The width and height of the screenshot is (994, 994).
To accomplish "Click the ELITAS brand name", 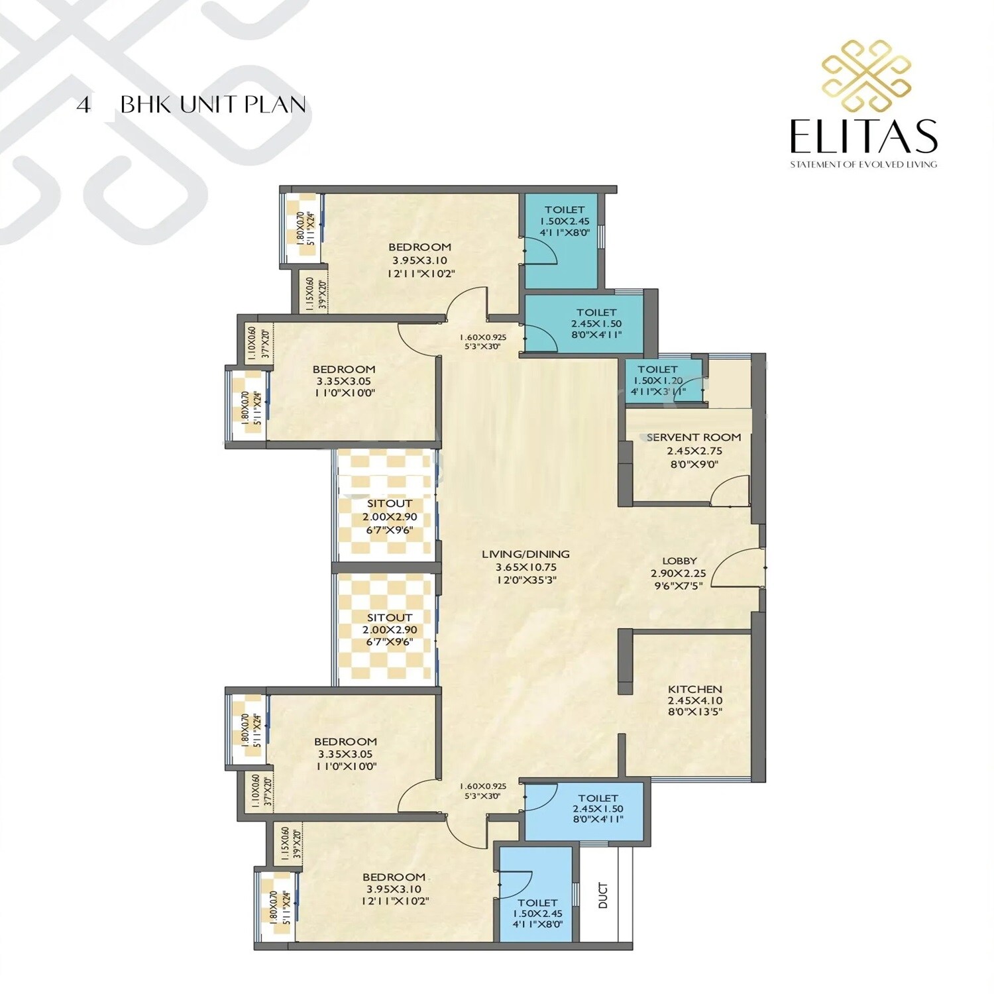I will (863, 136).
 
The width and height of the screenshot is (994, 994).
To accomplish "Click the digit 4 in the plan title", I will (83, 105).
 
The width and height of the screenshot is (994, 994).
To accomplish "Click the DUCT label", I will (603, 895).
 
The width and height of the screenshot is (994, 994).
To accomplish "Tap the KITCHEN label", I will (694, 689).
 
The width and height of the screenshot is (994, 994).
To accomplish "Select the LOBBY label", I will (679, 561).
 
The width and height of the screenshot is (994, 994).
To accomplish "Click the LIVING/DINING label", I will (525, 554).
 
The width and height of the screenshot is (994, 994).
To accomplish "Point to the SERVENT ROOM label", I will (693, 437).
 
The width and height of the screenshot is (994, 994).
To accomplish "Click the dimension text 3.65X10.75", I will (525, 567).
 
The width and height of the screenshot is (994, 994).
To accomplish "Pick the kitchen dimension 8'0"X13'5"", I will (694, 712).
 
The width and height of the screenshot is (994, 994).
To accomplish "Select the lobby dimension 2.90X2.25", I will (678, 573).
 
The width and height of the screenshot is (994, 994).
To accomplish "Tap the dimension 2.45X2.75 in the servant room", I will (694, 451).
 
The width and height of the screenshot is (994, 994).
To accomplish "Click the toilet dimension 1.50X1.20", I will (657, 381).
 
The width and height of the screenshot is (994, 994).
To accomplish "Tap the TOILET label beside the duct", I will (537, 903).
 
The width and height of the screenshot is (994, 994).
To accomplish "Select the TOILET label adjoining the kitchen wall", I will (598, 798).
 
